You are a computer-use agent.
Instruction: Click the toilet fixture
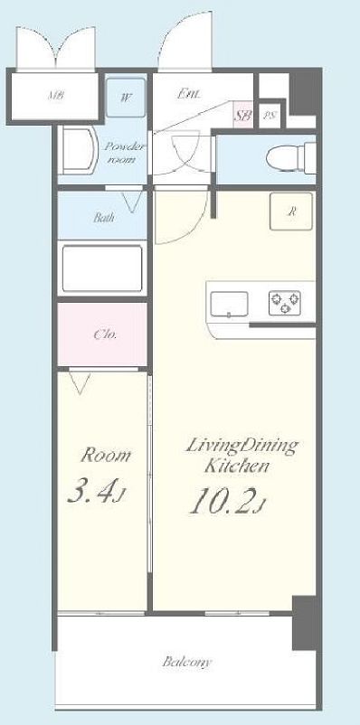tap(290, 157)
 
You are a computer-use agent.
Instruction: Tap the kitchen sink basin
tap(229, 305)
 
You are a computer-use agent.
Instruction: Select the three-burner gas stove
tap(285, 303)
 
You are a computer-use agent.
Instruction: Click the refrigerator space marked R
tap(291, 212)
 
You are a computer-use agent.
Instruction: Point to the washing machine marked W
tap(126, 98)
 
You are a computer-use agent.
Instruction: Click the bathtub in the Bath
tap(102, 268)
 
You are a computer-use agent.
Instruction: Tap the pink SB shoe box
tap(242, 114)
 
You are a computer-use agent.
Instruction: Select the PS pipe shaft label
tap(269, 115)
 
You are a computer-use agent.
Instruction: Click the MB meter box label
tap(55, 97)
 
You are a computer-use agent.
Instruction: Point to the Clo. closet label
tap(105, 334)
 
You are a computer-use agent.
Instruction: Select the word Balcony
tap(186, 662)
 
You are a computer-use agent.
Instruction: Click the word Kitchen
tap(236, 466)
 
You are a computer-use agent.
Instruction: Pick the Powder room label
tap(125, 153)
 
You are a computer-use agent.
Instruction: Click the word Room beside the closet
tap(106, 456)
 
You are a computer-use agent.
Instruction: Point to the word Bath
tap(104, 217)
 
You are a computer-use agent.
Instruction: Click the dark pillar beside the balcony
tap(304, 622)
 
